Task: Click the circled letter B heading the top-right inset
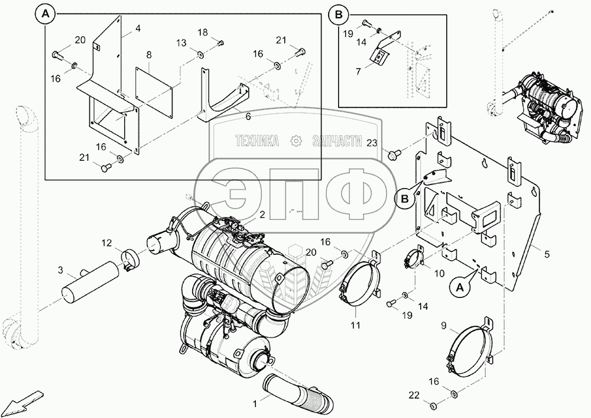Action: click(337, 14)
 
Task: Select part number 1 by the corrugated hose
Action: click(255, 404)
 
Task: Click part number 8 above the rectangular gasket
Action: click(149, 55)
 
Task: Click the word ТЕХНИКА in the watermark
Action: click(257, 141)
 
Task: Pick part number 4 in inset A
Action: click(137, 28)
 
